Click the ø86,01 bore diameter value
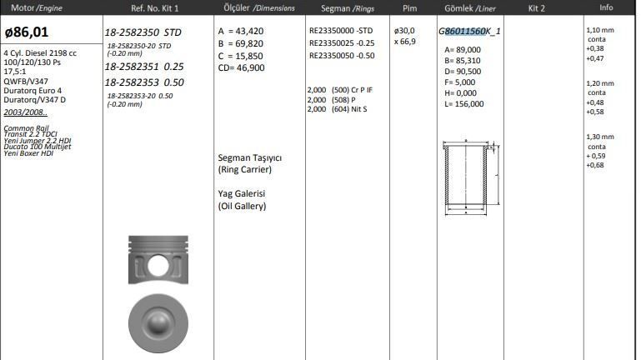pos(27,32)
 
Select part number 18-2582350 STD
pos(143,32)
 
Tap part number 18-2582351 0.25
pos(144,66)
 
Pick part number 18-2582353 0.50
pos(144,82)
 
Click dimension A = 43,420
pos(241,31)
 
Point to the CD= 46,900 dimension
pos(241,67)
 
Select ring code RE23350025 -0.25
pos(342,42)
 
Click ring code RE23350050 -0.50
pos(342,56)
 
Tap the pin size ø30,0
pos(404,31)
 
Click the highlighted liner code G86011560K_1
pos(469,32)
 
